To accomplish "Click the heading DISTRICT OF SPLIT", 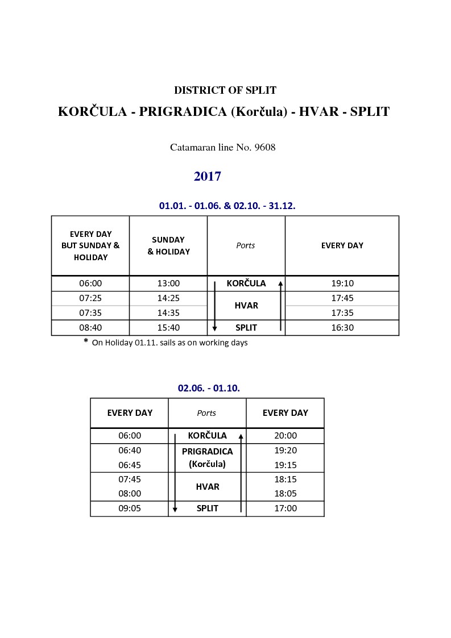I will [x=225, y=90].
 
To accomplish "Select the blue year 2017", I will [x=208, y=177].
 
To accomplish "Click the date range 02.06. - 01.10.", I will [x=209, y=388].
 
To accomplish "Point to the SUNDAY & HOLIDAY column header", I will [x=168, y=245].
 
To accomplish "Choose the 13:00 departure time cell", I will [x=168, y=283].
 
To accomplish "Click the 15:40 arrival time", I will [x=168, y=328].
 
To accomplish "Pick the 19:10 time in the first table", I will [x=342, y=283].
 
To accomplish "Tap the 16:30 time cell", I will [x=342, y=328].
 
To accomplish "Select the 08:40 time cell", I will [x=90, y=328].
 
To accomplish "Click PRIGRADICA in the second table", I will [x=208, y=452].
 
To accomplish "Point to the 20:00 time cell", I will [x=286, y=436].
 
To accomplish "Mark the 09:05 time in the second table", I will [x=130, y=508].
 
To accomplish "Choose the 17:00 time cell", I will [x=286, y=508].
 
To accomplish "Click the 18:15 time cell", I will [x=286, y=479].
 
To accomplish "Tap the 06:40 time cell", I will [x=130, y=451].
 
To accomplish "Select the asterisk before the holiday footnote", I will [x=86, y=341].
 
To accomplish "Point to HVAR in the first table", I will [x=246, y=306].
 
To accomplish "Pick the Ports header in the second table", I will [x=206, y=413].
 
